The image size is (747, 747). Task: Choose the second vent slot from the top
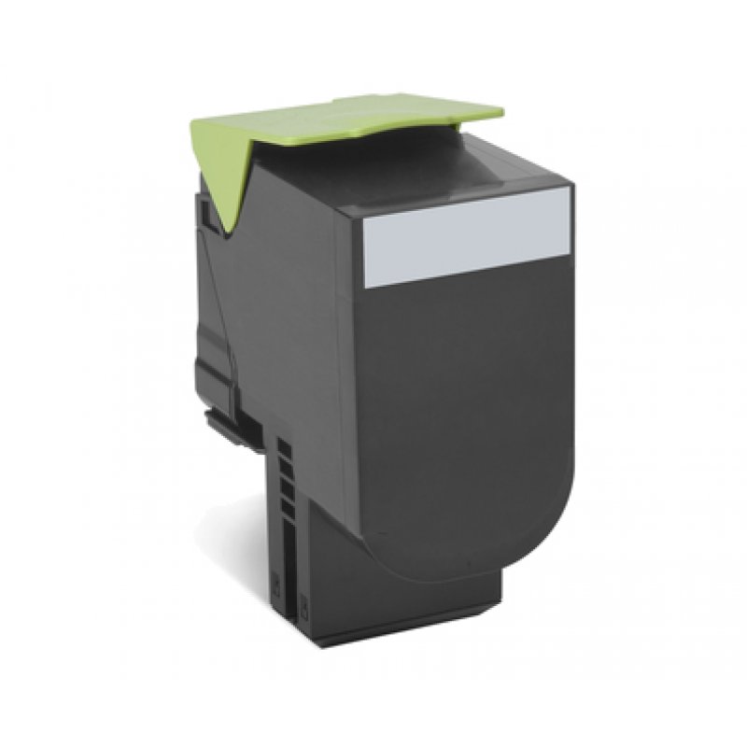287,469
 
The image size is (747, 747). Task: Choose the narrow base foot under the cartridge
392,607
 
